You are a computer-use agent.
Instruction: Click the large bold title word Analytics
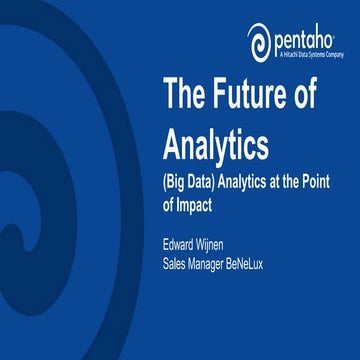215,144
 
